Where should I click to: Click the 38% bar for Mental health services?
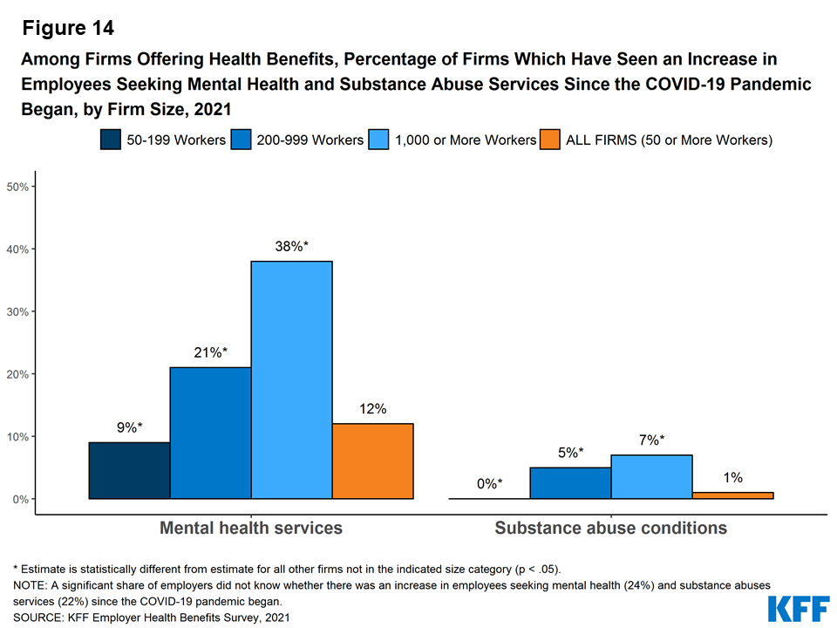coord(292,380)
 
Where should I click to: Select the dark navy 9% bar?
coord(129,471)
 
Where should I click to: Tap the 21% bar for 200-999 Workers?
coord(210,433)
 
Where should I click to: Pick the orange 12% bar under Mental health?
coord(373,461)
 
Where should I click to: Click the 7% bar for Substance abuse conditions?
coord(651,477)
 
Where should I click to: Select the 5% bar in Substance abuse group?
coord(570,483)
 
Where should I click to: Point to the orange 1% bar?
coord(732,495)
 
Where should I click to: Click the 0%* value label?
coord(488,484)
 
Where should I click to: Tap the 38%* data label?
coord(292,247)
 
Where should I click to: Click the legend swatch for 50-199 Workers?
coord(111,140)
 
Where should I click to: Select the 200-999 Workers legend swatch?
coord(242,140)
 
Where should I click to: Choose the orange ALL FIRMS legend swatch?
coord(550,140)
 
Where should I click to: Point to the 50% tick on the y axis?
coord(19,187)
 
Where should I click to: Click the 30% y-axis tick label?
coord(19,311)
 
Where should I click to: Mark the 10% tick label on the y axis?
coord(19,436)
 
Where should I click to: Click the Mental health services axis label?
coord(251,529)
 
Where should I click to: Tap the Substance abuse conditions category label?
coord(610,529)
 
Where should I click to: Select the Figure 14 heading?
coord(68,28)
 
